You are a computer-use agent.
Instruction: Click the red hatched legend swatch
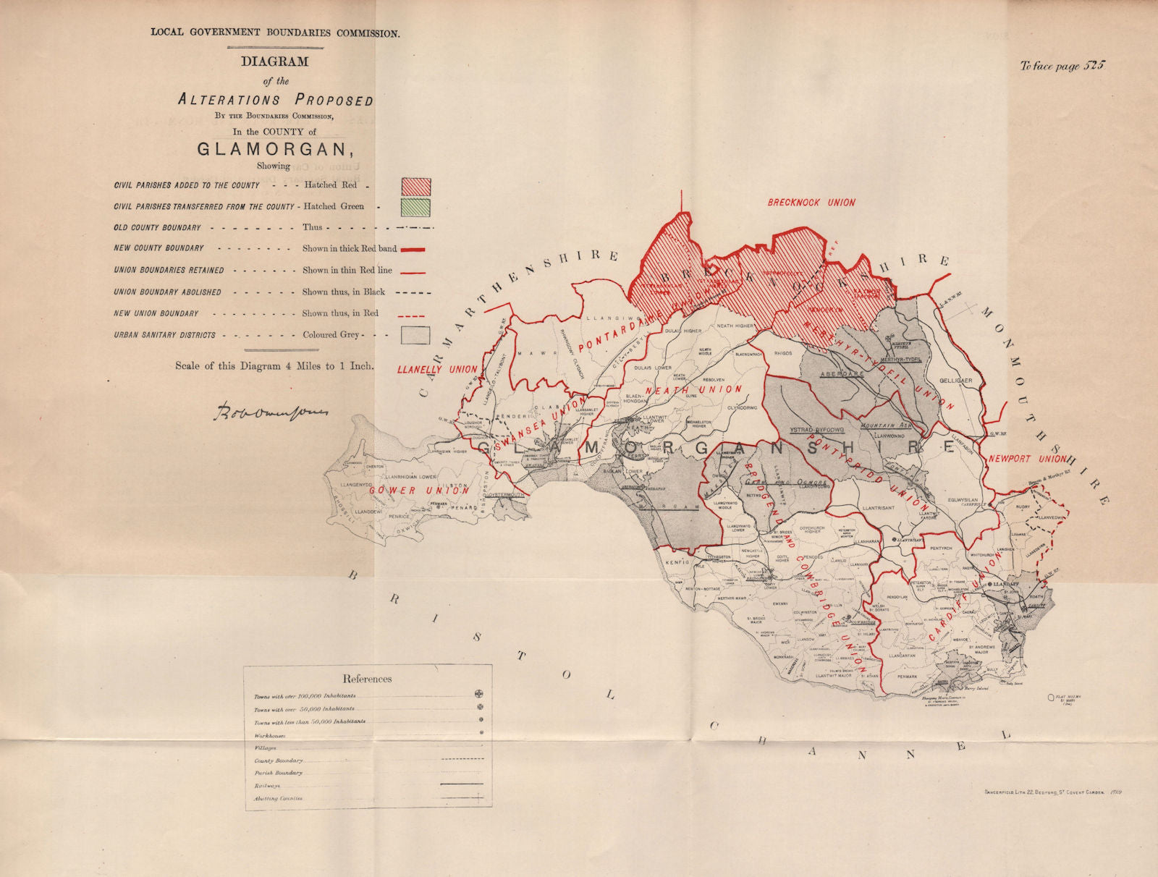pyautogui.click(x=415, y=186)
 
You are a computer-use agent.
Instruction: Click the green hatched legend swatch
pyautogui.click(x=415, y=206)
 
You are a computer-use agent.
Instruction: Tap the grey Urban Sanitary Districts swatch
pyautogui.click(x=415, y=335)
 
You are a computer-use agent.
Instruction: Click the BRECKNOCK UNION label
pyautogui.click(x=811, y=203)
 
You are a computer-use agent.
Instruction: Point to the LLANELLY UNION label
pyautogui.click(x=438, y=369)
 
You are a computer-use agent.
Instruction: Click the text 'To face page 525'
pyautogui.click(x=1062, y=66)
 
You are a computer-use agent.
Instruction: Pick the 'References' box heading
pyautogui.click(x=367, y=679)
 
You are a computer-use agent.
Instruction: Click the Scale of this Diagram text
pyautogui.click(x=274, y=366)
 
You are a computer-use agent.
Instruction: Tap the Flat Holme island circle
pyautogui.click(x=1051, y=698)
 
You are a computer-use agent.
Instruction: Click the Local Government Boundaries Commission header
pyautogui.click(x=274, y=33)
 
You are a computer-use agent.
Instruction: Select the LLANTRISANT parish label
pyautogui.click(x=879, y=508)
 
